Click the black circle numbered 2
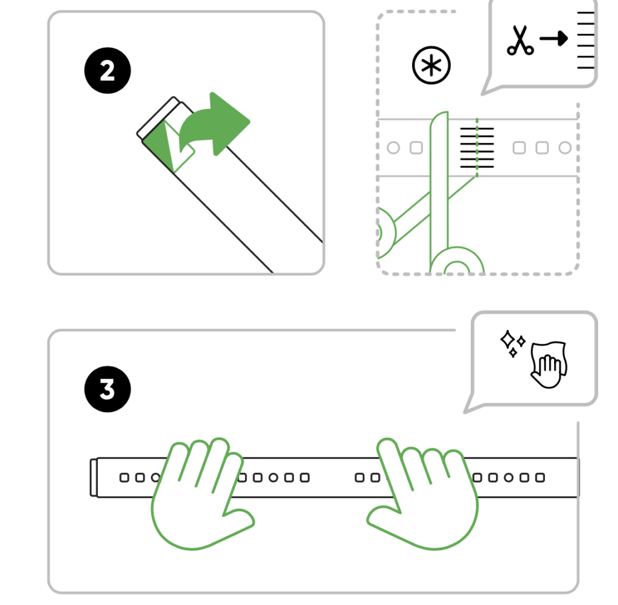point(107,71)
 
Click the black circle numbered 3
point(107,389)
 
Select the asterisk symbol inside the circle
point(431,65)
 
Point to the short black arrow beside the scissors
point(554,38)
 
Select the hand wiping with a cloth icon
point(549,364)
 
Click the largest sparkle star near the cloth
point(508,340)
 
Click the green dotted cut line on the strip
point(477,147)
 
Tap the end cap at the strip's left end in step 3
point(94,477)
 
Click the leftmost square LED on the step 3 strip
point(124,478)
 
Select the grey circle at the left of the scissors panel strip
point(393,148)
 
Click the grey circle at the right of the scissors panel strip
point(565,148)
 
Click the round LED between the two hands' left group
point(273,478)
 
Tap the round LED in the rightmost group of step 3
point(509,478)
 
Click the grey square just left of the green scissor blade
point(416,148)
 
